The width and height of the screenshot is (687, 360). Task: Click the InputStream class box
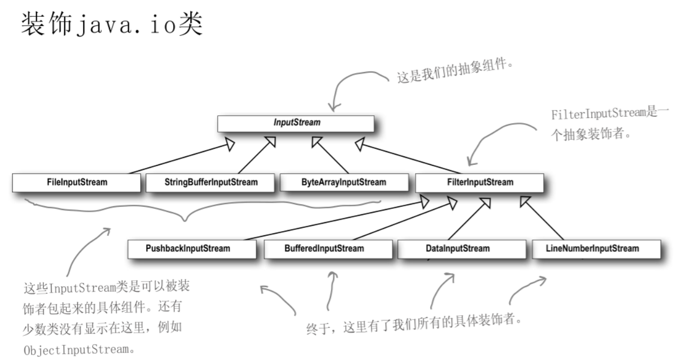pyautogui.click(x=296, y=124)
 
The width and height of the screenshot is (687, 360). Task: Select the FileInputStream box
pyautogui.click(x=77, y=183)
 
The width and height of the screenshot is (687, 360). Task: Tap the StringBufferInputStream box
pyautogui.click(x=210, y=183)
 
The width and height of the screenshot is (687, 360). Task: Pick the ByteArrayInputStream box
pyautogui.click(x=344, y=183)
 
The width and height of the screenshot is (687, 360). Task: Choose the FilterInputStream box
pyautogui.click(x=480, y=183)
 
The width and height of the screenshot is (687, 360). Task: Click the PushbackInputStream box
pyautogui.click(x=192, y=249)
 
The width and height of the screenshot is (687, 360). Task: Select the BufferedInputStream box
pyautogui.click(x=328, y=249)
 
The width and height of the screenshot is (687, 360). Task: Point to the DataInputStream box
pyautogui.click(x=462, y=249)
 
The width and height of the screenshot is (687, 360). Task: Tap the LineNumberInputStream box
pyautogui.click(x=597, y=249)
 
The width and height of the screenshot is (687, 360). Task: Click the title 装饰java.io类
pyautogui.click(x=112, y=24)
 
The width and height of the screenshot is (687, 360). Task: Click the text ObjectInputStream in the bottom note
pyautogui.click(x=76, y=350)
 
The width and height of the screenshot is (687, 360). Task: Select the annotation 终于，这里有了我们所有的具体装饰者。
pyautogui.click(x=414, y=324)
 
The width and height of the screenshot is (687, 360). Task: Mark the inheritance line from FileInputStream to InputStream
pyautogui.click(x=181, y=158)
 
